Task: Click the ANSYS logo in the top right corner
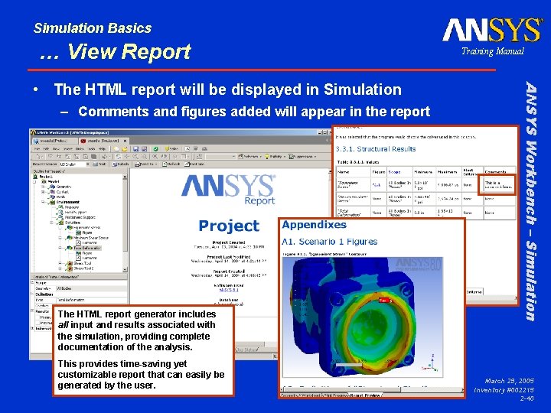click(x=492, y=30)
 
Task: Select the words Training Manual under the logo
click(x=492, y=51)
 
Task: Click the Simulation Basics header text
click(x=93, y=28)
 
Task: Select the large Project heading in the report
click(x=228, y=226)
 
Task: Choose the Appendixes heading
click(x=314, y=225)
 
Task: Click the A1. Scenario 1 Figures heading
click(x=330, y=242)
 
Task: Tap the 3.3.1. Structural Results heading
click(x=377, y=149)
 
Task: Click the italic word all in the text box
click(x=64, y=325)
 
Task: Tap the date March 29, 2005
click(x=508, y=380)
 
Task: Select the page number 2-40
click(x=527, y=398)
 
